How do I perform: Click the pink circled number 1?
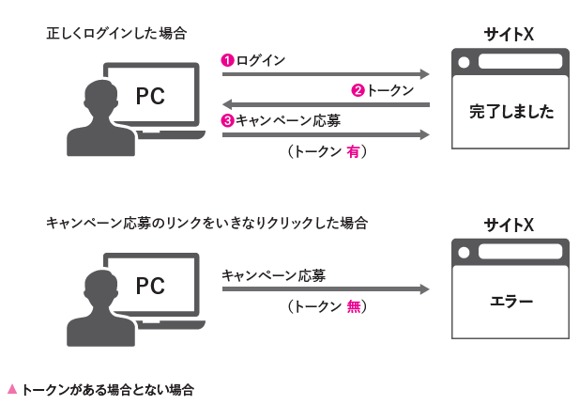(227, 60)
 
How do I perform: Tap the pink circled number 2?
(358, 90)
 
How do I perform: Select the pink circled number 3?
(227, 120)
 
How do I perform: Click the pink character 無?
(353, 306)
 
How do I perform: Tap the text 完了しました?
(511, 113)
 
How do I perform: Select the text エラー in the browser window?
(511, 302)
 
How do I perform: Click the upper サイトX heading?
(510, 35)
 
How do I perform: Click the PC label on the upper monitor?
(150, 96)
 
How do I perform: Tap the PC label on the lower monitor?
(150, 285)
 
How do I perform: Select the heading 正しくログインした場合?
(116, 34)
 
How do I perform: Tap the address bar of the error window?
(522, 252)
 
